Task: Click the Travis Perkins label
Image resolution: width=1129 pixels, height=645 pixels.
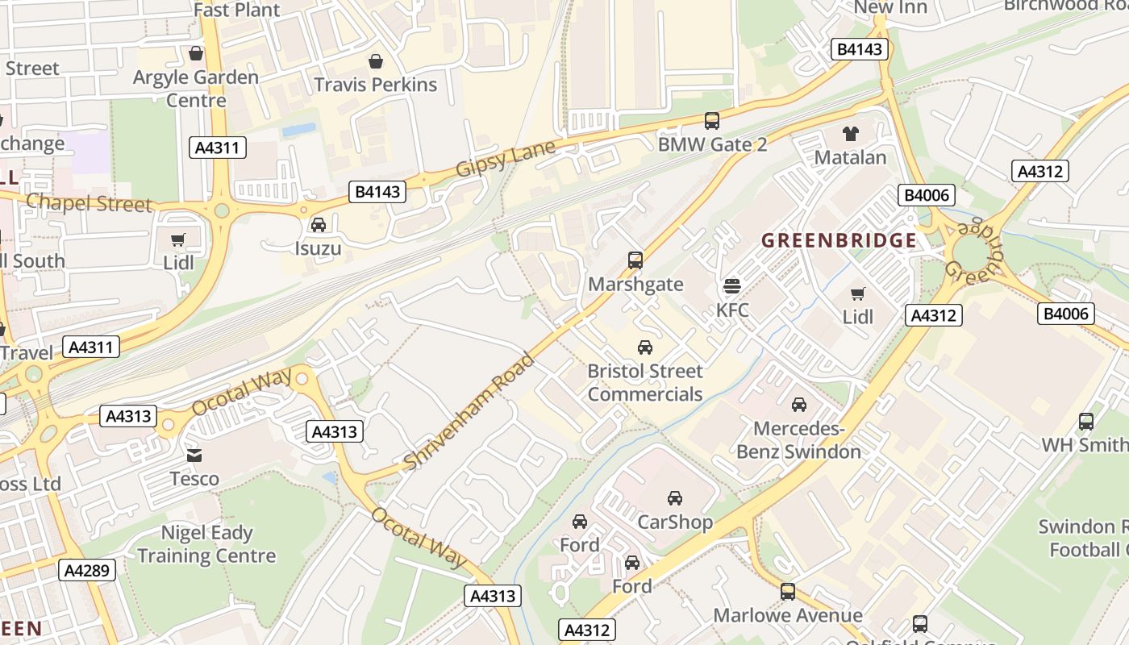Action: click(375, 85)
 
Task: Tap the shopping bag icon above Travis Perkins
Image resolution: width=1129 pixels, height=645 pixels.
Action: click(375, 61)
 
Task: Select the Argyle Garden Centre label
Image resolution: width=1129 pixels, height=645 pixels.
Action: click(196, 89)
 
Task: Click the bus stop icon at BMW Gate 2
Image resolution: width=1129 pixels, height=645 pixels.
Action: click(711, 121)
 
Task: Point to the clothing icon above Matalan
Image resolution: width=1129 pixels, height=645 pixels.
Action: click(851, 134)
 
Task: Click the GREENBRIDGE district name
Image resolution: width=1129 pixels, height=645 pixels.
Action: click(839, 240)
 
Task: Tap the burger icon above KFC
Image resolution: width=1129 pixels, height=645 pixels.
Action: click(732, 286)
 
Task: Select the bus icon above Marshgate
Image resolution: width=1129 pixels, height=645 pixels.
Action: click(635, 260)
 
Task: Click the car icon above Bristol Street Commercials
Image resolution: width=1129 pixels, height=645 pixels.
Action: click(645, 347)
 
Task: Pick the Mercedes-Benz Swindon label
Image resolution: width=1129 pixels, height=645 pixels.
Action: click(798, 439)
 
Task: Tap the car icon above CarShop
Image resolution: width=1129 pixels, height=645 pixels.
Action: click(675, 498)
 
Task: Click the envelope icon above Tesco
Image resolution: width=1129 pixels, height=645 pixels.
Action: click(194, 456)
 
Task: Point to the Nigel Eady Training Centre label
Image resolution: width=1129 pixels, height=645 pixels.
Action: click(206, 544)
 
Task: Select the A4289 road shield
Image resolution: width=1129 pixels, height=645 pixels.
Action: click(87, 570)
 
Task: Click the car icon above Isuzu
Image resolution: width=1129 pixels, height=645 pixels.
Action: click(319, 225)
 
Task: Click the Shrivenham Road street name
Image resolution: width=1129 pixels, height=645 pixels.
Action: click(469, 411)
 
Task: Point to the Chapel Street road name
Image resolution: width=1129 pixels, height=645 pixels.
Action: click(89, 202)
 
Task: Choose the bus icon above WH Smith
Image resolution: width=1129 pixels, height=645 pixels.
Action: click(1086, 422)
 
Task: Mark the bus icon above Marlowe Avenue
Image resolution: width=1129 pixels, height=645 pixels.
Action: click(788, 593)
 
